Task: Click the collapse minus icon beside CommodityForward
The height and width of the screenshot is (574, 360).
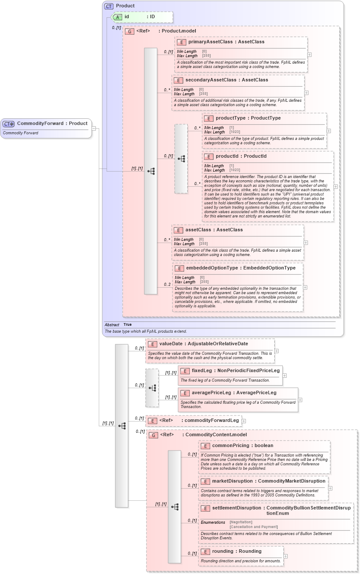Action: (x=93, y=128)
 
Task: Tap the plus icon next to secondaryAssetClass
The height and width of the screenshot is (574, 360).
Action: (x=306, y=93)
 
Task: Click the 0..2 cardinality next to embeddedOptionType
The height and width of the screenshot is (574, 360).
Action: (x=167, y=285)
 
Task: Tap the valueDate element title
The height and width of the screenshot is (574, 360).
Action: (x=204, y=344)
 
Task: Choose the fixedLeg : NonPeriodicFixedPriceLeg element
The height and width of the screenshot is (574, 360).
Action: (x=230, y=371)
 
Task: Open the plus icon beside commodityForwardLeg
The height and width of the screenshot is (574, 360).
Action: (x=243, y=421)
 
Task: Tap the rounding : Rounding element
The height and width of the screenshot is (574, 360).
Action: (x=237, y=551)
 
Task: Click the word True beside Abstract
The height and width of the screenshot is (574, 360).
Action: (x=127, y=324)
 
